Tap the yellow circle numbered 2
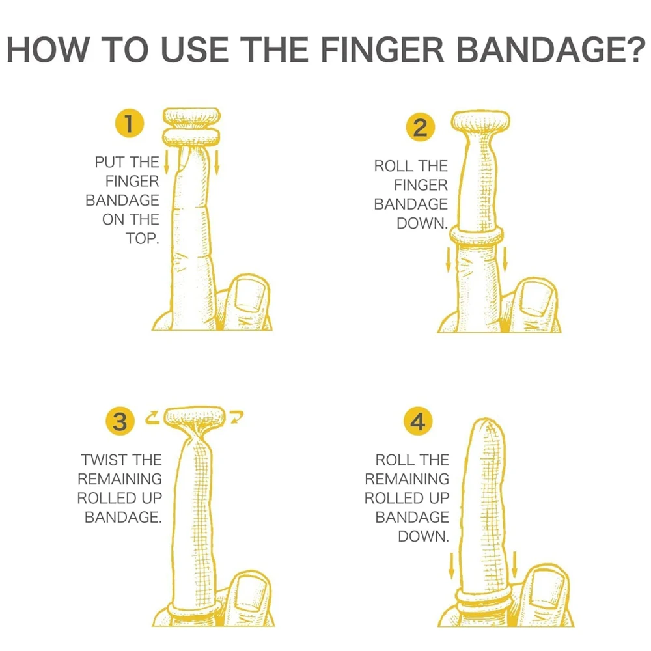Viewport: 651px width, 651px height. pyautogui.click(x=420, y=128)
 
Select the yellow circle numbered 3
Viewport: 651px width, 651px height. pyautogui.click(x=120, y=422)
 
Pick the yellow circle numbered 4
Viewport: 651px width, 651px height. pyautogui.click(x=418, y=422)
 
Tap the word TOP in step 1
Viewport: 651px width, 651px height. pyautogui.click(x=142, y=238)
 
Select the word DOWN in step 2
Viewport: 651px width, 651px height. pyautogui.click(x=422, y=223)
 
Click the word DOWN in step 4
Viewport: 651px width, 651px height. pyautogui.click(x=423, y=536)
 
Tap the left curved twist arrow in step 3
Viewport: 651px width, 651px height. pyautogui.click(x=153, y=417)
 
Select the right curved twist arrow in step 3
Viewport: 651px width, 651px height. pyautogui.click(x=236, y=417)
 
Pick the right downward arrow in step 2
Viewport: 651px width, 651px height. pyautogui.click(x=506, y=260)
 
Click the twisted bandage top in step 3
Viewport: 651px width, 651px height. pyautogui.click(x=195, y=416)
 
